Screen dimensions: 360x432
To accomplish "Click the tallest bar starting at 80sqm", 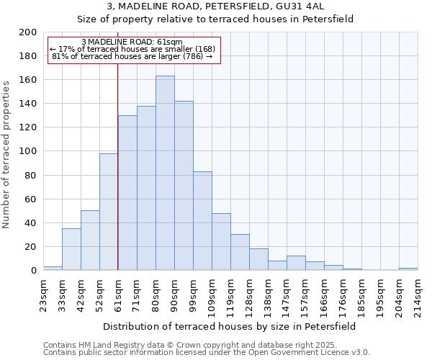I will [x=165, y=173].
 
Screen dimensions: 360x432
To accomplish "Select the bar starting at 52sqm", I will [x=109, y=212].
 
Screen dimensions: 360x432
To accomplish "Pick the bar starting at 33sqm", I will [x=71, y=249].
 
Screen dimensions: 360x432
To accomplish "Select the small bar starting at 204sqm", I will [x=408, y=269].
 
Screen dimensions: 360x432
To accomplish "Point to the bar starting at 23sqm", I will [x=53, y=268].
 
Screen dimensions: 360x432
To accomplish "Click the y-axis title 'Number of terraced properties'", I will [x=7, y=154].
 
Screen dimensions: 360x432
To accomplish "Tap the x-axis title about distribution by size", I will [x=230, y=326].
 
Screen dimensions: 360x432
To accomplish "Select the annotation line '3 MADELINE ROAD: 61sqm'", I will [x=132, y=42].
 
